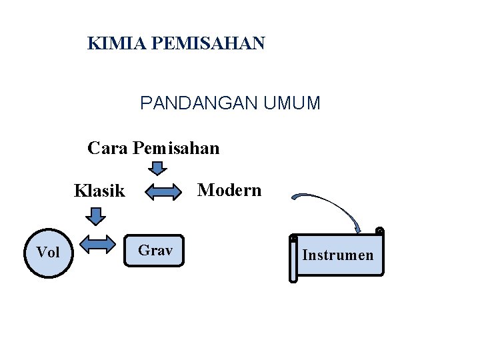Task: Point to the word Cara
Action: click(108, 148)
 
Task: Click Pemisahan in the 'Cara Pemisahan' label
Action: click(176, 148)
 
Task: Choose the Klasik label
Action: click(99, 191)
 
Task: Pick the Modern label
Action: click(230, 191)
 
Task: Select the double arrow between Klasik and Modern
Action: click(164, 193)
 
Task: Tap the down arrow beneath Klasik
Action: click(97, 216)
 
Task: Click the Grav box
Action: click(155, 251)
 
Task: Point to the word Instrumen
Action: click(338, 255)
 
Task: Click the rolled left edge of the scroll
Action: click(293, 259)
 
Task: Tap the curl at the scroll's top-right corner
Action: click(379, 231)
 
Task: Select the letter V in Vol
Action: click(41, 252)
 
